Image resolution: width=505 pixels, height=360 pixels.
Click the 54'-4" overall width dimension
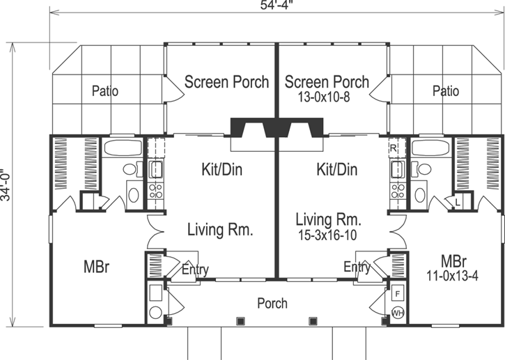[277, 6]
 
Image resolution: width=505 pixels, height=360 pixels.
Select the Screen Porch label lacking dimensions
[226, 82]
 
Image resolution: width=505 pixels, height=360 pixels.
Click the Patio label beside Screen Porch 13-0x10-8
[446, 91]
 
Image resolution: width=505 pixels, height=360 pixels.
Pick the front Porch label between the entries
[272, 304]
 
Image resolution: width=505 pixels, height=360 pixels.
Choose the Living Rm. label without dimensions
[219, 229]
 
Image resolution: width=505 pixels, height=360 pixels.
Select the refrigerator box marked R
[393, 148]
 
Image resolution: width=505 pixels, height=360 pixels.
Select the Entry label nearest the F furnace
[357, 267]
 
